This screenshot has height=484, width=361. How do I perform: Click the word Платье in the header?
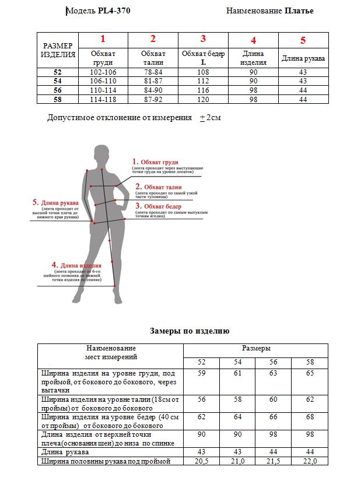pyautogui.click(x=299, y=10)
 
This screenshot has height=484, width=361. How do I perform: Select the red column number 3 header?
pyautogui.click(x=203, y=39)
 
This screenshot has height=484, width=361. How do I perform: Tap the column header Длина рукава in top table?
pyautogui.click(x=303, y=58)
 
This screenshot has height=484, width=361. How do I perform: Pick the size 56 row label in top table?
pyautogui.click(x=57, y=90)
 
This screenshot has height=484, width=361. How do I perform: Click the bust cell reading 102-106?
pyautogui.click(x=103, y=72)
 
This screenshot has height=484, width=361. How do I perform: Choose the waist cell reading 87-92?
pyautogui.click(x=153, y=99)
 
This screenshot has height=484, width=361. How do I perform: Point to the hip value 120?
pyautogui.click(x=203, y=99)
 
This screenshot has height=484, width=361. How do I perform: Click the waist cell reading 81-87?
pyautogui.click(x=153, y=81)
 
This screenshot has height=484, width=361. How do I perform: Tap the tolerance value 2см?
pyautogui.click(x=213, y=117)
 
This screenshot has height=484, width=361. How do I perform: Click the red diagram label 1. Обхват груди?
pyautogui.click(x=155, y=162)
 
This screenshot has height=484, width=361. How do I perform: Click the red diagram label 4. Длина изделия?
pyautogui.click(x=76, y=265)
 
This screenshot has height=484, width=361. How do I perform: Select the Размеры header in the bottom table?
pyautogui.click(x=256, y=348)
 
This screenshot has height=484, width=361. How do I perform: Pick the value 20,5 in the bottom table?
pyautogui.click(x=201, y=461)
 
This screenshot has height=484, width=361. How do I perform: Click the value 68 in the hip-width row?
pyautogui.click(x=310, y=417)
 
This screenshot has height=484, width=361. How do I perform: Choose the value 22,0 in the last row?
pyautogui.click(x=310, y=461)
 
